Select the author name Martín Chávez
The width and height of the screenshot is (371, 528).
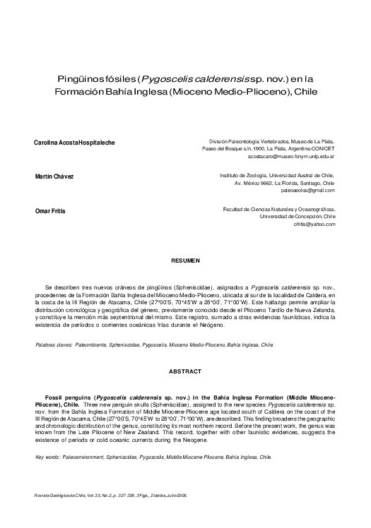pyautogui.click(x=54, y=176)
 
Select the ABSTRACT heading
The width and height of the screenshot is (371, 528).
pyautogui.click(x=185, y=372)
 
